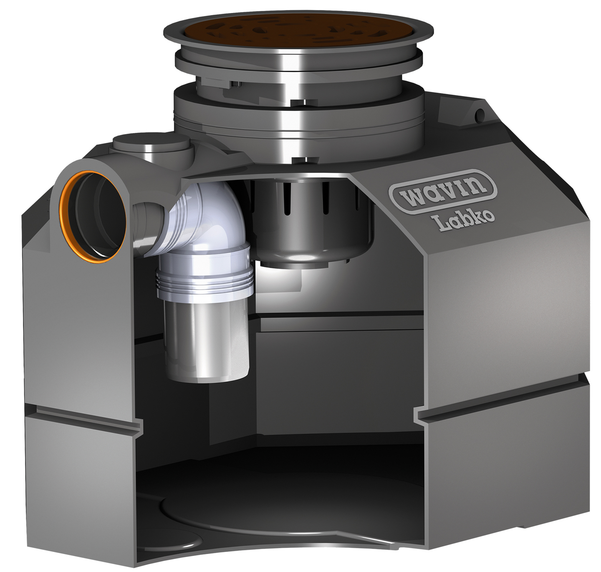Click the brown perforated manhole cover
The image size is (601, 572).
(x=298, y=32)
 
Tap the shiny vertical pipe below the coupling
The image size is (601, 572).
(x=207, y=339)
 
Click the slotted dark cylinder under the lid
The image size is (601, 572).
(x=312, y=220)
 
